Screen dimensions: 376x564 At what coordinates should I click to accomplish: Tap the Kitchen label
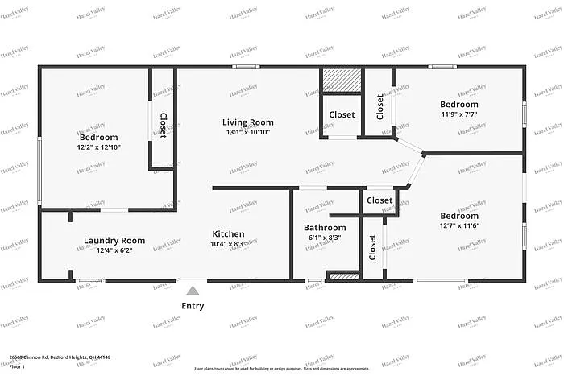(x=228, y=234)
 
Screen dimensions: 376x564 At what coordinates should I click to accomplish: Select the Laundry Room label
(x=114, y=240)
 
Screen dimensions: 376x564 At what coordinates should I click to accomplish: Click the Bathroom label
(x=325, y=228)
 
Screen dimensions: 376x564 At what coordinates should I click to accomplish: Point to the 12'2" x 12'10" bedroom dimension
(x=98, y=147)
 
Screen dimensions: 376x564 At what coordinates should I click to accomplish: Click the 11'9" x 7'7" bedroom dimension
(x=458, y=114)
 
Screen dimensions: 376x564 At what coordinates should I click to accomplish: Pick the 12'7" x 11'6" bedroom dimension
(x=459, y=225)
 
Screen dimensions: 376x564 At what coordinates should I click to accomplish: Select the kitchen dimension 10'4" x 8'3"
(x=228, y=244)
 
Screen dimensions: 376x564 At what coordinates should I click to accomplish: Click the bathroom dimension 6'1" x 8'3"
(x=325, y=238)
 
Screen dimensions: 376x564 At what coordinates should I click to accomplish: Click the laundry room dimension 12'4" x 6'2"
(x=114, y=250)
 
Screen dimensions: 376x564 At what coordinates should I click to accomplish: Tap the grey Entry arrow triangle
(x=192, y=291)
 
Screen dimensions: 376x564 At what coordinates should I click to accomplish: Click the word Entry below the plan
(x=193, y=306)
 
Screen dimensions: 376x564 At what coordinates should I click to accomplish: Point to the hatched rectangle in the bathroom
(x=343, y=275)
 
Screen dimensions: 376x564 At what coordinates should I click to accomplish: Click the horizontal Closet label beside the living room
(x=342, y=114)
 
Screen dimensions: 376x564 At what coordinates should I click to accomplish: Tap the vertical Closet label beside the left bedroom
(x=163, y=126)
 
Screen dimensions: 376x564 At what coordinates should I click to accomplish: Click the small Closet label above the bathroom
(x=379, y=200)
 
